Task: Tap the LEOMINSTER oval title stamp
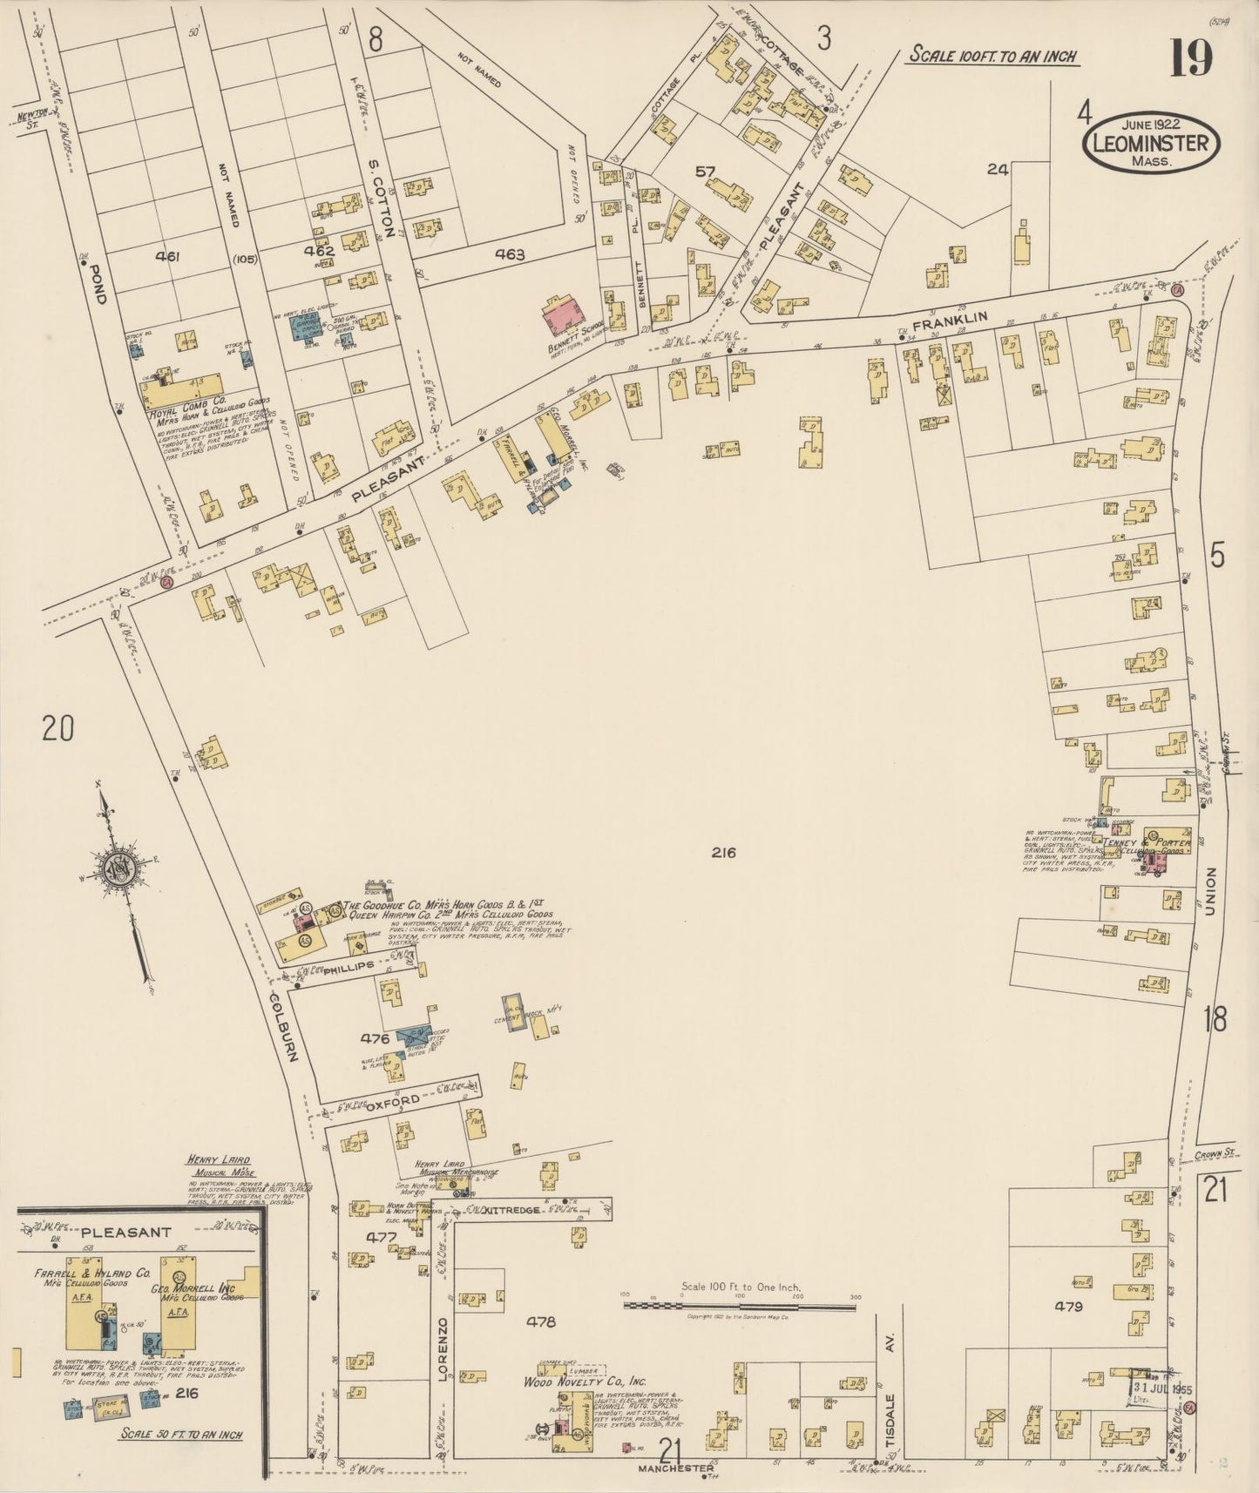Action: [1150, 143]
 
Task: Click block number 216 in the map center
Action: [722, 853]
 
